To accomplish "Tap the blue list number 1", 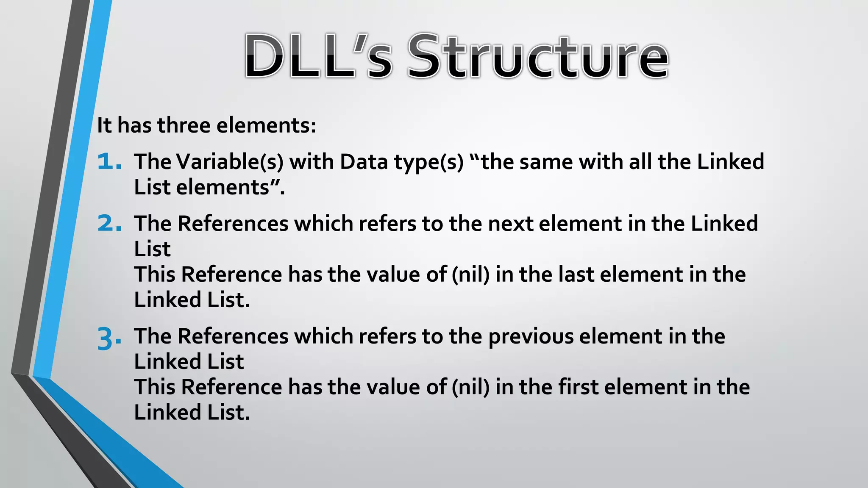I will click(x=108, y=162).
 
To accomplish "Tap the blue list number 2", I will click(x=108, y=223).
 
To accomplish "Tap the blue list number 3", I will click(x=108, y=338).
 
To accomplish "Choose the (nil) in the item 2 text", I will click(x=470, y=274).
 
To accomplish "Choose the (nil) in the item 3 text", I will click(x=470, y=387).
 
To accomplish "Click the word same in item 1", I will click(x=546, y=162).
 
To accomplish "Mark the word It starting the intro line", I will click(x=104, y=125).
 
